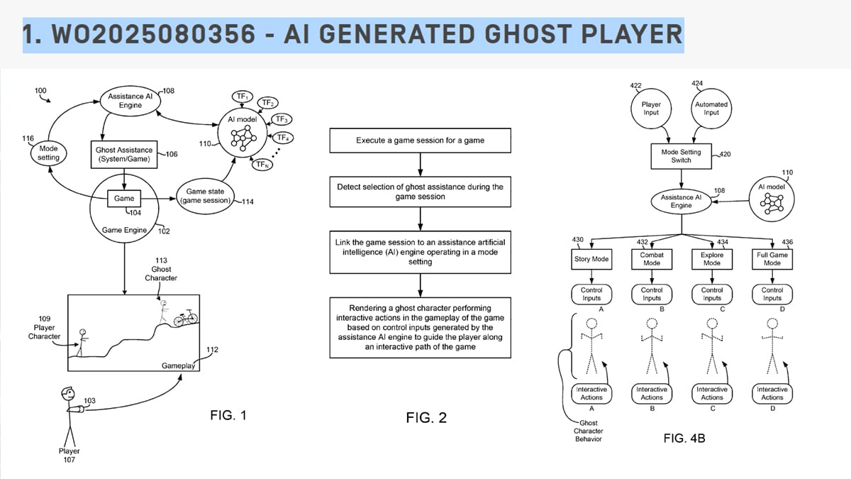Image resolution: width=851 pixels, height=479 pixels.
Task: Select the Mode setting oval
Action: [x=48, y=153]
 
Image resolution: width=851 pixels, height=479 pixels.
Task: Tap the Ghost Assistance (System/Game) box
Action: [x=124, y=154]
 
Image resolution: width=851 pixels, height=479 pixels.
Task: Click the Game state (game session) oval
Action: [x=205, y=195]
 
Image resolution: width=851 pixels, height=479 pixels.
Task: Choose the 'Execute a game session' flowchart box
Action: [x=420, y=141]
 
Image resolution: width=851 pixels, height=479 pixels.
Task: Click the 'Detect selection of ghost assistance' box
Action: [x=420, y=192]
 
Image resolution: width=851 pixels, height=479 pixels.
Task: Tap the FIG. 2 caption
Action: [x=426, y=418]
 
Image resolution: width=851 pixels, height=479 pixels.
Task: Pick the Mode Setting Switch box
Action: [x=681, y=156]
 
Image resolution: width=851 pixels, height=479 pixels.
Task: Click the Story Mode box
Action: [x=591, y=259]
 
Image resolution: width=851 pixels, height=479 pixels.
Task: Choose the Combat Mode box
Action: [x=651, y=259]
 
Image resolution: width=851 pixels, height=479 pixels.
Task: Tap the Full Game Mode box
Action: [x=772, y=259]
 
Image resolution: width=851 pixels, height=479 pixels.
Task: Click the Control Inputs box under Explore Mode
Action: [x=711, y=294]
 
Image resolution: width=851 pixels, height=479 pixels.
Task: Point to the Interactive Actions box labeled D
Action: [x=772, y=393]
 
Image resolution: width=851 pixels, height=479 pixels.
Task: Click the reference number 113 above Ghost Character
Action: [x=161, y=260]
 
